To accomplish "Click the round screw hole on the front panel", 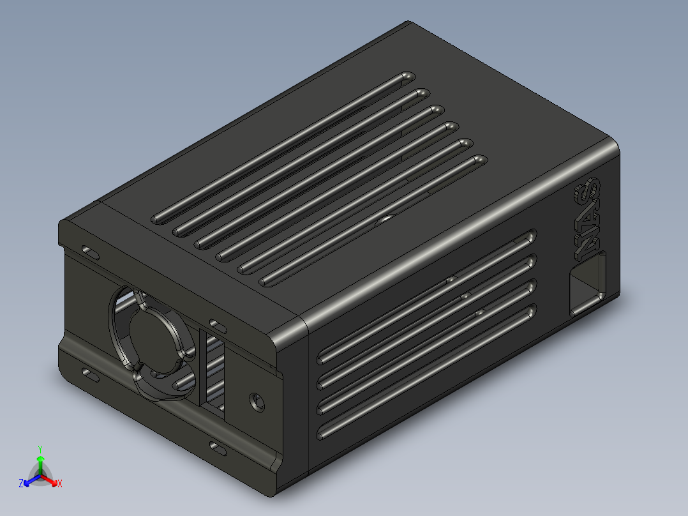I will pyautogui.click(x=257, y=401).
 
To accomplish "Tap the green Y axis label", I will pyautogui.click(x=40, y=449).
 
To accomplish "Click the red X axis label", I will pyautogui.click(x=60, y=483).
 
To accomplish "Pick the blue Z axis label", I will pyautogui.click(x=21, y=483).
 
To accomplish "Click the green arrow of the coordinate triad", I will pyautogui.click(x=40, y=462).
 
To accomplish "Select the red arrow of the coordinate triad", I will pyautogui.click(x=51, y=480).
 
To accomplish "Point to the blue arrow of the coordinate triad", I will pyautogui.click(x=29, y=480).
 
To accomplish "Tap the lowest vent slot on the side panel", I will pyautogui.click(x=427, y=374).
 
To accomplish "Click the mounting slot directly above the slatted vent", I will pyautogui.click(x=217, y=326).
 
